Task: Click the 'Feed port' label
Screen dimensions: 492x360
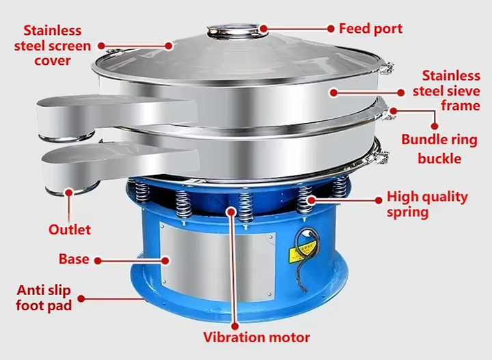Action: pos(370,29)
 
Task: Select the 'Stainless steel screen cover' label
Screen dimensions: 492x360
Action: pos(53,46)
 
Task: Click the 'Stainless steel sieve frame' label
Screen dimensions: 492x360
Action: pos(446,91)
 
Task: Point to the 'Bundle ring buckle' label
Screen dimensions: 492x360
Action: pos(439,149)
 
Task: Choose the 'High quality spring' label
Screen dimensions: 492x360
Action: pos(427,204)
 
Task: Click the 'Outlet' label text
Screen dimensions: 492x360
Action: pos(70,230)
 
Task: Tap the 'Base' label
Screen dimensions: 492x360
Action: pos(74,259)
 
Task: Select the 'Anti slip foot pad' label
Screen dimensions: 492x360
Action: pos(44,298)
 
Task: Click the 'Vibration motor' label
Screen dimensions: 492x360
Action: pos(256,337)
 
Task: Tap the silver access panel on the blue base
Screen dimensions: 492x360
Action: pos(217,260)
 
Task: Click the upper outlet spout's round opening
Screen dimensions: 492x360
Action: pos(66,137)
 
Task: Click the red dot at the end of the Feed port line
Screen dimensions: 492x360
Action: pos(331,29)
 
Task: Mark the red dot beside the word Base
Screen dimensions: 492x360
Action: pos(98,260)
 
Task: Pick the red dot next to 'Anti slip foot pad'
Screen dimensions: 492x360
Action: pos(81,299)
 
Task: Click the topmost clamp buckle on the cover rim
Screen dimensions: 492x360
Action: pos(387,68)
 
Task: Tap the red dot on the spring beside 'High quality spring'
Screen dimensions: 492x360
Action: pos(311,199)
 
